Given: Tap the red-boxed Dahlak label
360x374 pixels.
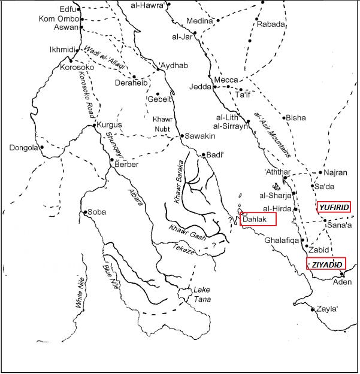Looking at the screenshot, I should (x=258, y=219).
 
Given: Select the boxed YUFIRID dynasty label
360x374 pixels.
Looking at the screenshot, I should (x=334, y=207).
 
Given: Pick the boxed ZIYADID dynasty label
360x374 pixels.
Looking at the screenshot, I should (x=326, y=264).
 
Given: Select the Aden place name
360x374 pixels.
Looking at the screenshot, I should (x=342, y=281).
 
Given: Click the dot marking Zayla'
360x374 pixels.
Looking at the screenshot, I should (x=313, y=309).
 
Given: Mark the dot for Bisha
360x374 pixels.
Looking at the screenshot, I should (x=285, y=118).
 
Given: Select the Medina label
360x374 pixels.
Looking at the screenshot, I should (x=199, y=21).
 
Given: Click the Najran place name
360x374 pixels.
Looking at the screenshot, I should (x=335, y=172).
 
